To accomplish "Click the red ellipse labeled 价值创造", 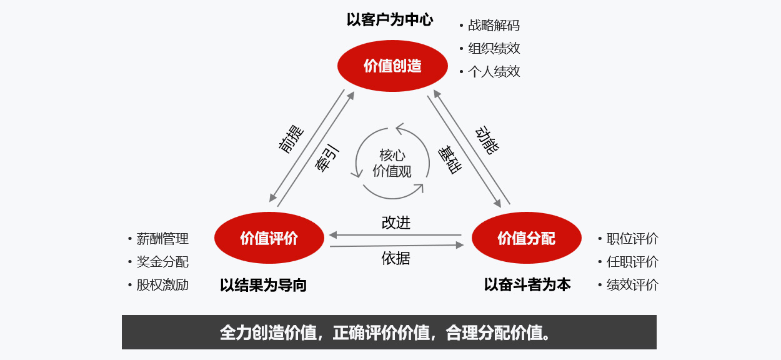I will tap(392, 66).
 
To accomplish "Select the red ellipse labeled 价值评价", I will tap(269, 238).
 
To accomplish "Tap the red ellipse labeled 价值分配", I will tap(526, 238).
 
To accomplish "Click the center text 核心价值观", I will tap(392, 163).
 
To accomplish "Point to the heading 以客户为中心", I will tap(390, 19).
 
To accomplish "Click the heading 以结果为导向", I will tap(263, 285).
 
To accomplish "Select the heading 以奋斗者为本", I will tap(527, 284).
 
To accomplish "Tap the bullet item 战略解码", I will tap(494, 26).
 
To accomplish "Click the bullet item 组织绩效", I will tap(494, 48).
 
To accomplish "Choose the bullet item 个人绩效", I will tap(494, 71).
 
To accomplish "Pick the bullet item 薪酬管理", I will tap(162, 239).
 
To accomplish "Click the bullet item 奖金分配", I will tap(162, 262).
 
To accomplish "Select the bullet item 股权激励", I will tap(162, 285).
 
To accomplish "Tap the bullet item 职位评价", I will tap(632, 239).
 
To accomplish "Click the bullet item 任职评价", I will tap(632, 262).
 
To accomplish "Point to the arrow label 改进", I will tap(396, 222).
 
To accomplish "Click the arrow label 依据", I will tap(396, 257).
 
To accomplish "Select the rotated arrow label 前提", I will tap(291, 139).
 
